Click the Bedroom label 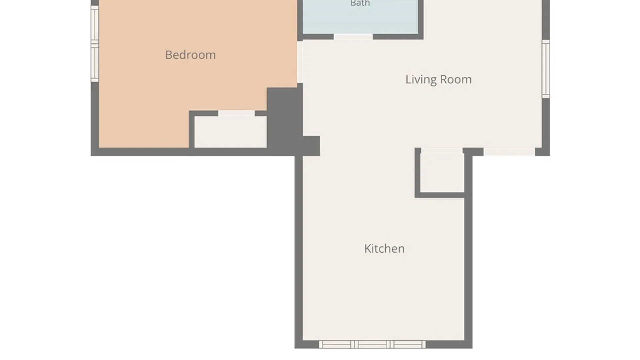pyautogui.click(x=190, y=55)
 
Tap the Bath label pyautogui.click(x=360, y=3)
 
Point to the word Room pyautogui.click(x=456, y=79)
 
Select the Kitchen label pyautogui.click(x=384, y=248)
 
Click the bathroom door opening pyautogui.click(x=353, y=37)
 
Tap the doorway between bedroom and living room pyautogui.click(x=300, y=62)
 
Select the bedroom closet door pyautogui.click(x=236, y=113)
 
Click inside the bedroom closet pyautogui.click(x=230, y=132)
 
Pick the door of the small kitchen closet pyautogui.click(x=442, y=151)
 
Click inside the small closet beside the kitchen pyautogui.click(x=442, y=173)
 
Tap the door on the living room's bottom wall pyautogui.click(x=509, y=152)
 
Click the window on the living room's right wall pyautogui.click(x=546, y=69)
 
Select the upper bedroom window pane pyautogui.click(x=95, y=25)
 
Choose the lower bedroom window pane pyautogui.click(x=95, y=63)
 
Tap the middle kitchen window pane pyautogui.click(x=372, y=344)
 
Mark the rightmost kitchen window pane pyautogui.click(x=408, y=344)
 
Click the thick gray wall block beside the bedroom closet pyautogui.click(x=284, y=120)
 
